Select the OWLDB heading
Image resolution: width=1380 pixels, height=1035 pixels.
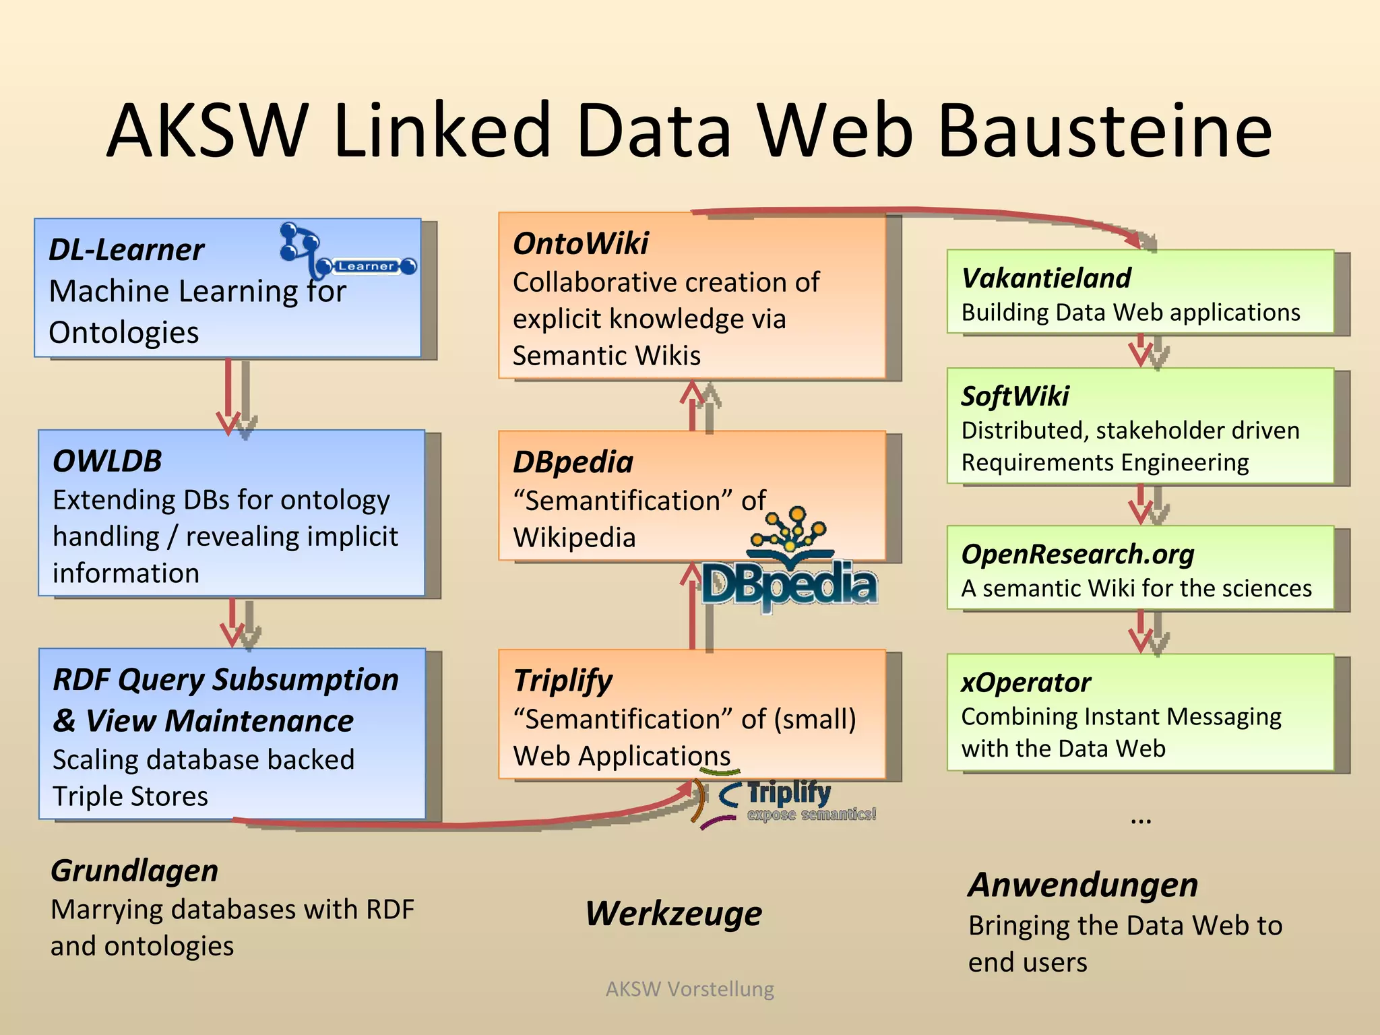tap(107, 462)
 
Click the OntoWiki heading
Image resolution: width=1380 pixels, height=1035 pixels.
tap(580, 243)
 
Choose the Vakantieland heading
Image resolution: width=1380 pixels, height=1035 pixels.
tap(1046, 278)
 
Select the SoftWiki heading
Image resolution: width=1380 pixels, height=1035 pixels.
tap(1015, 396)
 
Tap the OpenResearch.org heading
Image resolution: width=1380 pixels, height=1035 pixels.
tap(1077, 555)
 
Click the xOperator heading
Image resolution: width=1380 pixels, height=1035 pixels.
tap(1026, 683)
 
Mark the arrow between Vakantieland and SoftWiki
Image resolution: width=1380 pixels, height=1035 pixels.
tap(1141, 351)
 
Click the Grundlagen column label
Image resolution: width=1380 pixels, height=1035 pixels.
tap(134, 871)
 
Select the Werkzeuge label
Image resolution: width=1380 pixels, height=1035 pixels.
tap(673, 914)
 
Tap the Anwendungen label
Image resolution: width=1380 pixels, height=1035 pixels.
tap(1083, 885)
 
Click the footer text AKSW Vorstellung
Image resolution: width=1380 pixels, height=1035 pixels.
tap(689, 989)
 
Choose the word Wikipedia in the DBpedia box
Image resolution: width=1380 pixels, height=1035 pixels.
tap(574, 538)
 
